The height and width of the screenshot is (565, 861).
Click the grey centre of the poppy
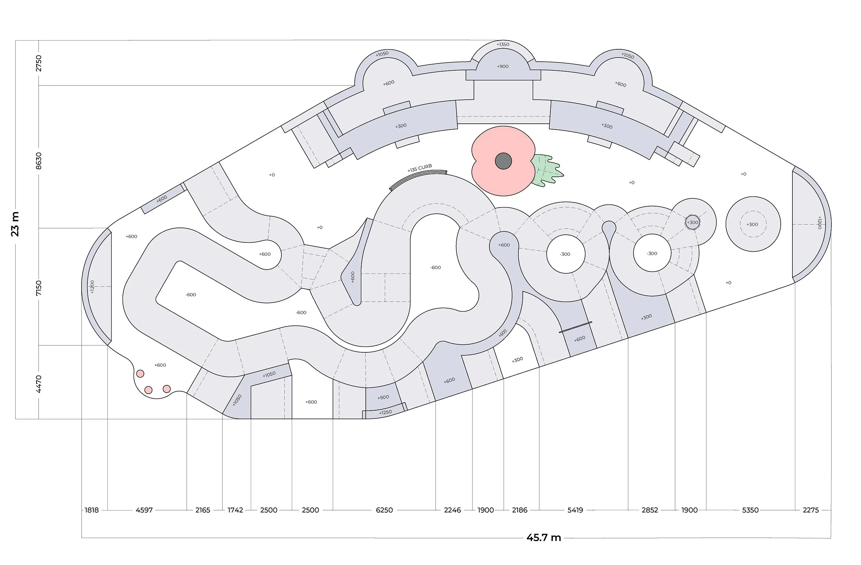[x=503, y=161]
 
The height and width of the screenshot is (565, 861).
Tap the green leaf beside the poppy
[x=547, y=171]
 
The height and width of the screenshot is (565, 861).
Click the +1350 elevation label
[x=502, y=44]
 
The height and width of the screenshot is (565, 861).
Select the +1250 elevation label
[x=385, y=413]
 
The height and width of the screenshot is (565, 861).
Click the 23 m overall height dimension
[x=15, y=224]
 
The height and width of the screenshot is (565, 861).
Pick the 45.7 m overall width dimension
[x=544, y=537]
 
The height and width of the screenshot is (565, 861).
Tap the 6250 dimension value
[x=384, y=510]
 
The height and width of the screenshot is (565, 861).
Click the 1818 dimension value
[x=92, y=510]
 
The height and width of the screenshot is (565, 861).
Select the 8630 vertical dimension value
[x=39, y=160]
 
